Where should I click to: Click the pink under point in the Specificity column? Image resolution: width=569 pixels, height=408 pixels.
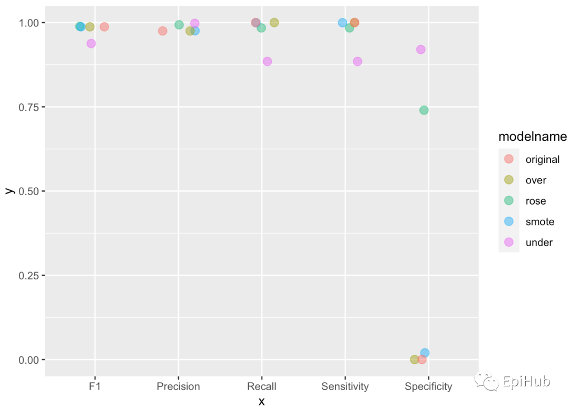(x=420, y=50)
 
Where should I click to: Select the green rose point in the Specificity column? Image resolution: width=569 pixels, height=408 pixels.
(x=424, y=110)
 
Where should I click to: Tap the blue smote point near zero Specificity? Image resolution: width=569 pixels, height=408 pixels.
(x=425, y=353)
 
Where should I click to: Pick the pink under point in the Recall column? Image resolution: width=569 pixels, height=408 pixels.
(x=267, y=61)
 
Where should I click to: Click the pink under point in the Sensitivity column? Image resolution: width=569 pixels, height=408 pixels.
(x=357, y=61)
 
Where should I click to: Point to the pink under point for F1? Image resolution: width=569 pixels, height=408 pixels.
(x=91, y=43)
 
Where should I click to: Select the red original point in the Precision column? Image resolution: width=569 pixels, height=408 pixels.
(x=162, y=31)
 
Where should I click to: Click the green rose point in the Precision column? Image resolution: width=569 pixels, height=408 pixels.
(x=179, y=25)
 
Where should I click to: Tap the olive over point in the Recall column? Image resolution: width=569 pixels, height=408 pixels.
(x=274, y=23)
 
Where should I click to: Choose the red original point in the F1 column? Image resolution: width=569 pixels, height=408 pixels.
(x=104, y=27)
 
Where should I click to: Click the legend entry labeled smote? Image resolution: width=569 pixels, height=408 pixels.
(x=539, y=222)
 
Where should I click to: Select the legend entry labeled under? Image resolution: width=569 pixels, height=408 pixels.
(x=539, y=243)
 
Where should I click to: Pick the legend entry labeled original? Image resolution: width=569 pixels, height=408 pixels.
(x=542, y=159)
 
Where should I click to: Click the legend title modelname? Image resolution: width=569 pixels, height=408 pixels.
(x=533, y=137)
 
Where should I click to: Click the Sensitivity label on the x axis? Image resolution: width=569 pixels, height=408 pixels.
(x=345, y=386)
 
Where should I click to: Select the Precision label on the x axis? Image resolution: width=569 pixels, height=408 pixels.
(x=178, y=386)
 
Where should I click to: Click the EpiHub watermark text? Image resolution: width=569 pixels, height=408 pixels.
(x=526, y=381)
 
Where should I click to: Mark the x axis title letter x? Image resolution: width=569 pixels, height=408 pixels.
(x=261, y=401)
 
